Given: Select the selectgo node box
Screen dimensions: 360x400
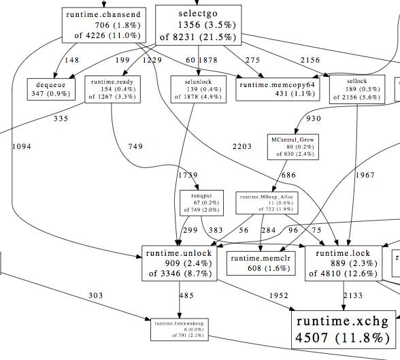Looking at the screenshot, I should click(197, 24).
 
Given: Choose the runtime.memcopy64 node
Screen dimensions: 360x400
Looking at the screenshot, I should click(277, 89).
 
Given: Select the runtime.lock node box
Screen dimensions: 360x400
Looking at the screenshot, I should click(343, 263).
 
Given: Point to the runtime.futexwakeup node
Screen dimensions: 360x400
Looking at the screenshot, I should click(180, 328).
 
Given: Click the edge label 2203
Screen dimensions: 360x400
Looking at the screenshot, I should click(241, 146).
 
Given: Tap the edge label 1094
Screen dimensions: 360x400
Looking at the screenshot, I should click(21, 146).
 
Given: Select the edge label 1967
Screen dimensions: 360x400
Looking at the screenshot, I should click(365, 175).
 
